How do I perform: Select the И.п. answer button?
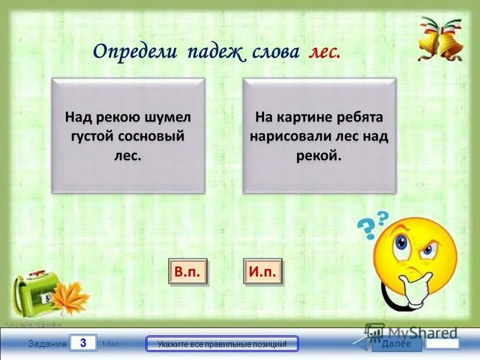tap(262, 272)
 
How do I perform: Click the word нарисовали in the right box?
tap(290, 136)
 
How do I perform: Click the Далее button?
tap(395, 344)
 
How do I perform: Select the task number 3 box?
tap(83, 343)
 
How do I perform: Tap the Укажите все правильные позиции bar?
tap(222, 344)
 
